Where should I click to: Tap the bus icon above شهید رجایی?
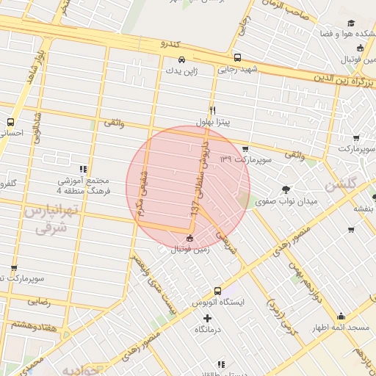pyautogui.click(x=236, y=57)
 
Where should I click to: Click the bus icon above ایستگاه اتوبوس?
pyautogui.click(x=217, y=291)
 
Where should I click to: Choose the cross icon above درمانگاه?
pyautogui.click(x=207, y=319)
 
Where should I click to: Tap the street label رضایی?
pyautogui.click(x=38, y=301)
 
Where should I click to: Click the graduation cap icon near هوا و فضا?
pyautogui.click(x=350, y=23)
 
